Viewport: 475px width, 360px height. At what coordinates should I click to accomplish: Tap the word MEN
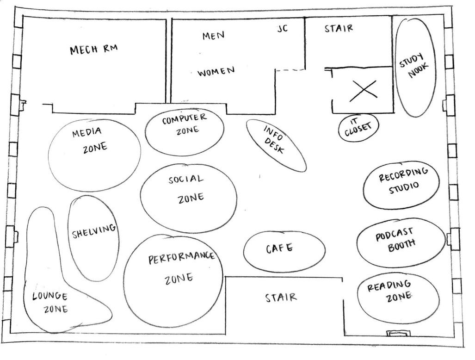[213, 36]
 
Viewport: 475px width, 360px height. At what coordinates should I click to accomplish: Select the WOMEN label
[216, 72]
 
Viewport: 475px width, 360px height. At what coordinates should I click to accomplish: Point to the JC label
[282, 29]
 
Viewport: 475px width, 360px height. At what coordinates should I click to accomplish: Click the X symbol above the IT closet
[363, 90]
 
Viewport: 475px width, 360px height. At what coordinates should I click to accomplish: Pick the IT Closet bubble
[358, 126]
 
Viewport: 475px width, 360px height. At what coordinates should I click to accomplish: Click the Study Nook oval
[416, 67]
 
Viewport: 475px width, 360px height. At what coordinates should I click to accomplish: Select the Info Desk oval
[276, 145]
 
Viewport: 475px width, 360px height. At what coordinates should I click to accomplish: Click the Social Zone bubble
[188, 198]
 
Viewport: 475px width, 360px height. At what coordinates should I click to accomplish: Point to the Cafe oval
[284, 251]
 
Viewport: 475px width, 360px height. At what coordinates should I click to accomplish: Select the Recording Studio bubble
[401, 185]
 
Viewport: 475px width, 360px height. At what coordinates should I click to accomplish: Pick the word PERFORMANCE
[181, 257]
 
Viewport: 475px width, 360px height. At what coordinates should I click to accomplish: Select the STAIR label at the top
[339, 28]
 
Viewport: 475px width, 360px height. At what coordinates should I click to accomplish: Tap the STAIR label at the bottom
[281, 298]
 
